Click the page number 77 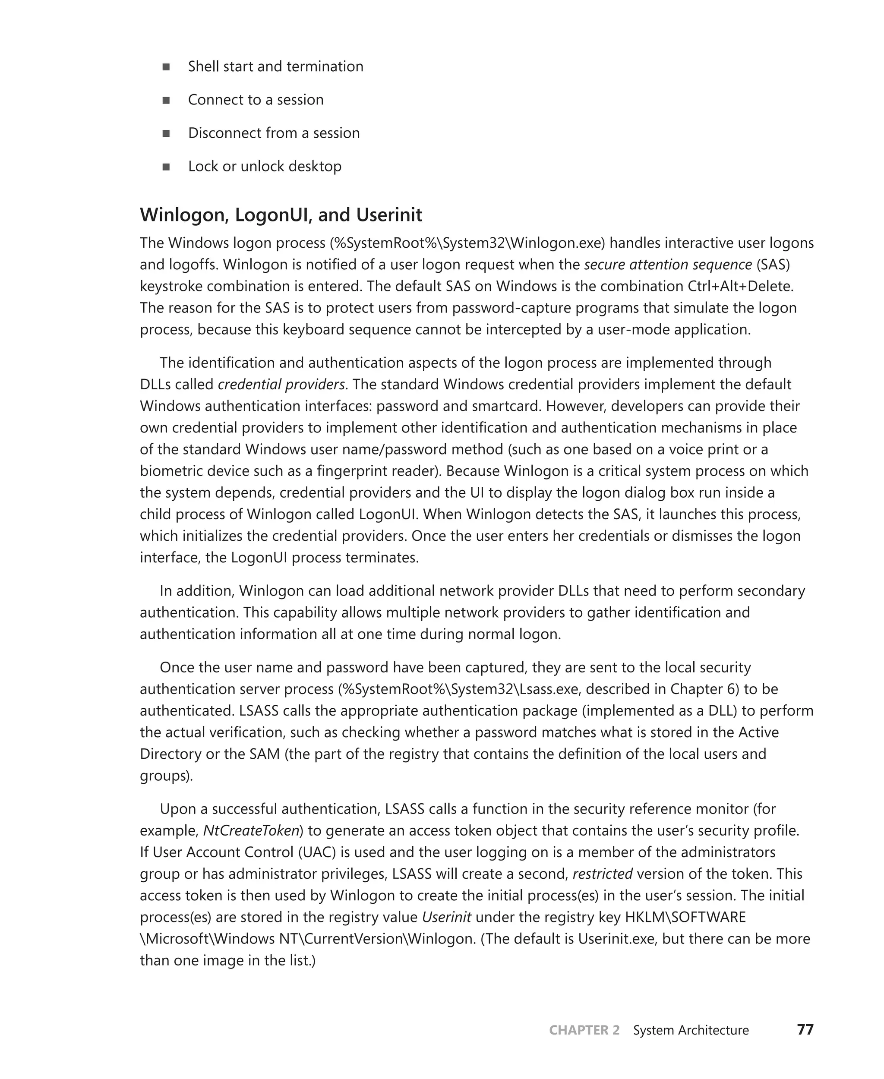click(x=805, y=1030)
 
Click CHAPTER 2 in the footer click(x=584, y=1030)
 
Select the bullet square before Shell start click(x=166, y=67)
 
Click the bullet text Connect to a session click(x=256, y=100)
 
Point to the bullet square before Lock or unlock click(x=166, y=167)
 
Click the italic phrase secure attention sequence click(x=668, y=265)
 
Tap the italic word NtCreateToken click(x=251, y=830)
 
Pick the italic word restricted click(x=603, y=874)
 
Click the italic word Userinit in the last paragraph click(x=447, y=917)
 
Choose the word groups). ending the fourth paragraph click(x=167, y=776)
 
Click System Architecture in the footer click(x=691, y=1030)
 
